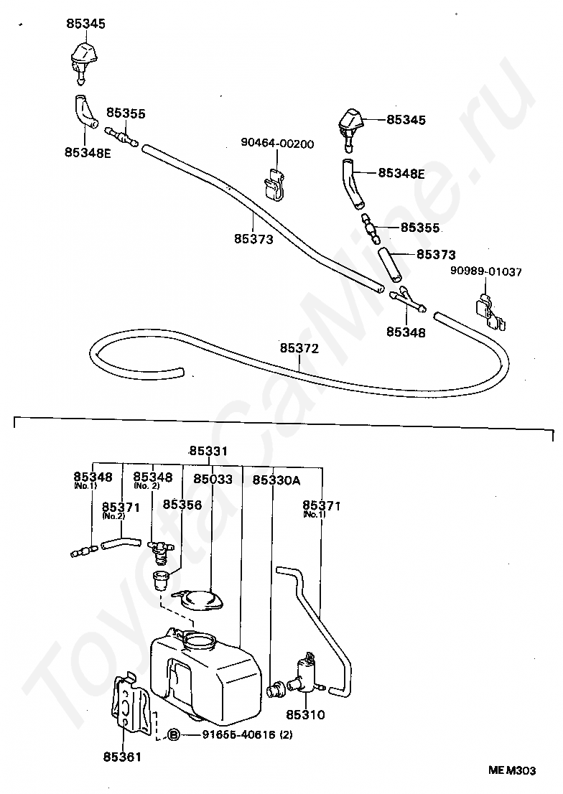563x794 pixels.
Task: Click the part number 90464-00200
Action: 277,144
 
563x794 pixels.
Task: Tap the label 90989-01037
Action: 486,271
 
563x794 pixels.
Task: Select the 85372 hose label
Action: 299,348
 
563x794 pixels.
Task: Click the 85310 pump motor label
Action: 305,714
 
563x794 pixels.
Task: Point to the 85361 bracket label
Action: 122,756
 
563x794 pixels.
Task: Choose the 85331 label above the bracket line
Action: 208,452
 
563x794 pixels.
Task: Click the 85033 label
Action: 213,479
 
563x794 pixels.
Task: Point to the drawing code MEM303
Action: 512,771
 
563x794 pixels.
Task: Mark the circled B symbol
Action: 174,734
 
